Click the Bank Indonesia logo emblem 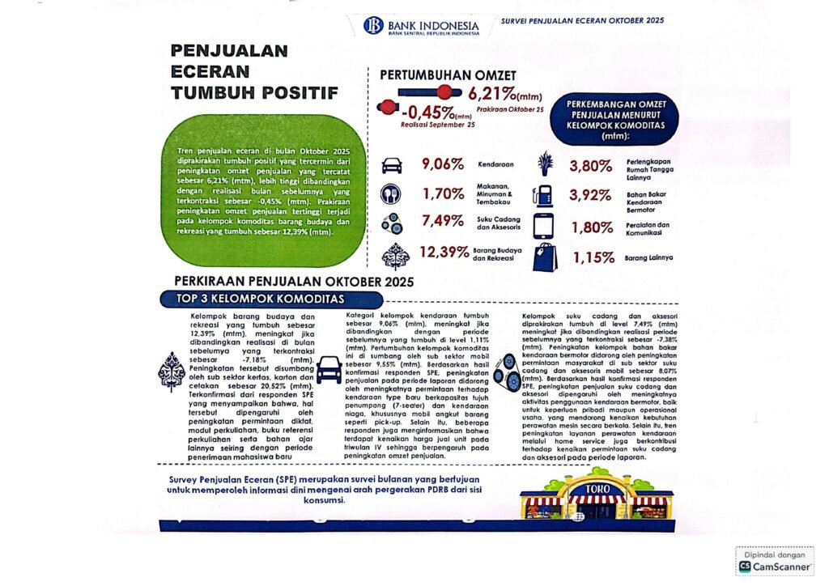click(373, 25)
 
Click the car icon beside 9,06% click(391, 164)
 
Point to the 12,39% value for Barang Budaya click(444, 252)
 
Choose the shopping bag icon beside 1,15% click(544, 257)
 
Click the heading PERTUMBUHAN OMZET click(448, 74)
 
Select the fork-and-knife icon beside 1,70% click(391, 194)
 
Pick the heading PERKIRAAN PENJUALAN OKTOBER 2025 click(293, 282)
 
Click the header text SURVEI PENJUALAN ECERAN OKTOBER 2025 click(583, 19)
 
